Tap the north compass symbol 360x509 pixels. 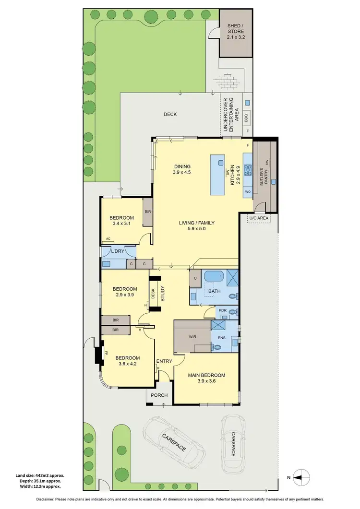coord(299,477)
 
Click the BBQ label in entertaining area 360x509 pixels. coord(248,116)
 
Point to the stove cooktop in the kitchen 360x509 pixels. coord(248,169)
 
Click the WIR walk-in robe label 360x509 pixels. coord(192,337)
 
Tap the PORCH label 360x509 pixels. coord(159,395)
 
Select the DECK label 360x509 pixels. coord(170,114)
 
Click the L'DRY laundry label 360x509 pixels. coord(118,251)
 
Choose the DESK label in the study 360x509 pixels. coord(153,293)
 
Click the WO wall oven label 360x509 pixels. coord(248,191)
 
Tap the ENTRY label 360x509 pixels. coord(164,361)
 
